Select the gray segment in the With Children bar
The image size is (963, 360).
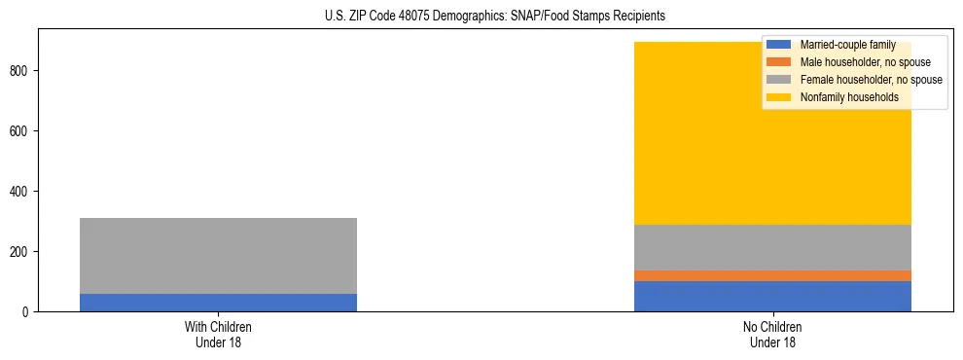tap(218, 256)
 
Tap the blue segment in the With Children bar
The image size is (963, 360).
tap(218, 303)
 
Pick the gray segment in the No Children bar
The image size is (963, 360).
tap(772, 247)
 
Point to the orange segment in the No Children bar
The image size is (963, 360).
tap(772, 275)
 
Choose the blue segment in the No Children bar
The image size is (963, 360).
tap(772, 296)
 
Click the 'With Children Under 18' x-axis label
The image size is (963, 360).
tap(218, 334)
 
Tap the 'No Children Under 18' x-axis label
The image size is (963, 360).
tap(772, 334)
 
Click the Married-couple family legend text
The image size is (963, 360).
tap(847, 45)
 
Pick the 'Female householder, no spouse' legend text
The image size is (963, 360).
tap(871, 80)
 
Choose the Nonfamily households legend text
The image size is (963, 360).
tap(849, 97)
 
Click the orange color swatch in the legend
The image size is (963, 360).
tap(779, 62)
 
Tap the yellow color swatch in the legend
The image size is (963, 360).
tap(779, 97)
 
